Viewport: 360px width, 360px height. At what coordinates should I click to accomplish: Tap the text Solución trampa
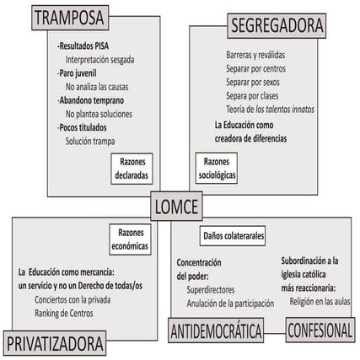click(x=90, y=141)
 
